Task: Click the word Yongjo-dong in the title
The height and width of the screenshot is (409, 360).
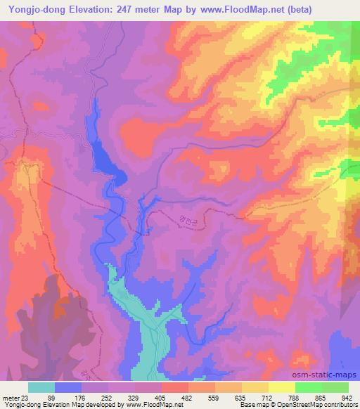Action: [x=36, y=9]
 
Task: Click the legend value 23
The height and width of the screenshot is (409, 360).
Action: [x=27, y=397]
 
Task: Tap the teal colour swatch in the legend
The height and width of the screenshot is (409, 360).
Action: [x=41, y=387]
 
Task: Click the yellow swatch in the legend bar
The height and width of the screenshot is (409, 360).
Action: [x=282, y=387]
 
